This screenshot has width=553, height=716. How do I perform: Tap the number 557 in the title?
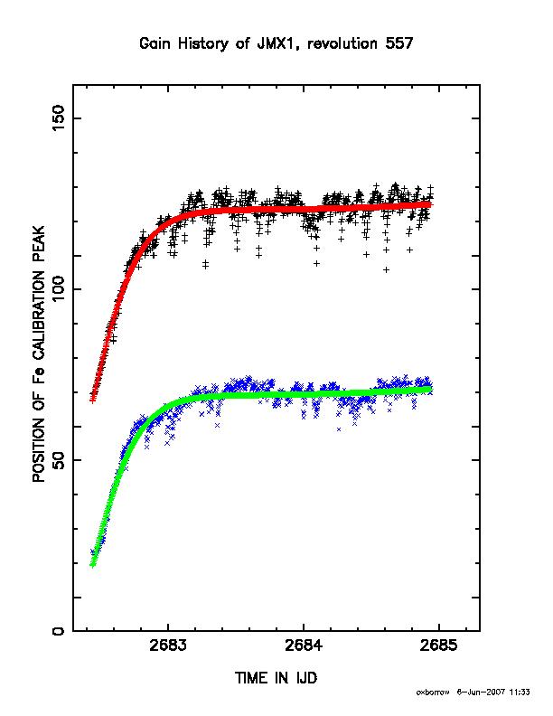point(398,43)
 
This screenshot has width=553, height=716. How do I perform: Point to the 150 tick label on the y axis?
point(59,118)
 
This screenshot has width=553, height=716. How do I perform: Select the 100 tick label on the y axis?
point(59,289)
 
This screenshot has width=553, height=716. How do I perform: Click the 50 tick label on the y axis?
point(59,460)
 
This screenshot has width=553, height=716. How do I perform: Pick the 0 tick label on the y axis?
point(59,631)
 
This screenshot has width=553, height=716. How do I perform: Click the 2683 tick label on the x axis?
point(168,645)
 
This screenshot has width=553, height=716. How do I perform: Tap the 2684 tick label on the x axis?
point(304,645)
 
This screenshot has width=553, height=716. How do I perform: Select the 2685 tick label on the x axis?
point(439,645)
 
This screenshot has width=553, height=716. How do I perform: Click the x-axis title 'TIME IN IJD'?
point(276,678)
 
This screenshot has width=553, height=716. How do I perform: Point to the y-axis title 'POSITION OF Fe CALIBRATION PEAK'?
point(39,353)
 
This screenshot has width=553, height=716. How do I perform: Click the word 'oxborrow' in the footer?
point(433,692)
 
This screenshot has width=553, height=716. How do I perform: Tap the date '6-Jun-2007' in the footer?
point(481,692)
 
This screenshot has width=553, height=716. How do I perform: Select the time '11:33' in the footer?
point(520,692)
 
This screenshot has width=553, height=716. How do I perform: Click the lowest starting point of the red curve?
point(93,400)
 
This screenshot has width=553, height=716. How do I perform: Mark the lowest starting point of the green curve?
point(93,565)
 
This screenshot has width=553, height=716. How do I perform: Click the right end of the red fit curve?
point(429,203)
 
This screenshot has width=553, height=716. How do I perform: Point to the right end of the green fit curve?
point(429,389)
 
